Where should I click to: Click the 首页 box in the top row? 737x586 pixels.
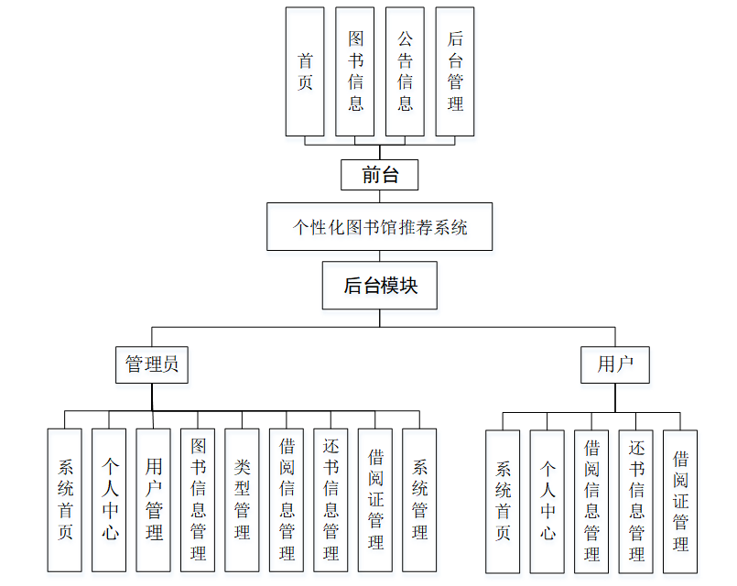tap(305, 71)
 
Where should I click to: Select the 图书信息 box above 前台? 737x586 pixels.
tap(355, 71)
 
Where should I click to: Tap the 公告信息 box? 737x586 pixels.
tap(405, 71)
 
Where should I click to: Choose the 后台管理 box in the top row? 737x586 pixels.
tap(455, 71)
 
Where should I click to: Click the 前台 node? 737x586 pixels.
tap(380, 175)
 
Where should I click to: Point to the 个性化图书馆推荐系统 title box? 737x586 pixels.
tap(380, 227)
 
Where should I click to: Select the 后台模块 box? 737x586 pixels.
tap(380, 286)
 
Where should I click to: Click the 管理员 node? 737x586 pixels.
tap(152, 364)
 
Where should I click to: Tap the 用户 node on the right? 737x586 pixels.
tap(615, 364)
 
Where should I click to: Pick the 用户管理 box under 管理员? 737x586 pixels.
tap(154, 501)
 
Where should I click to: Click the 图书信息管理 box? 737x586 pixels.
tap(198, 501)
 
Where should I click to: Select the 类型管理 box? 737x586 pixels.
tap(243, 501)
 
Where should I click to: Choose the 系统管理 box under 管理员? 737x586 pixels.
tap(419, 501)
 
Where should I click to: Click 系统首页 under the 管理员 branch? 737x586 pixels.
tap(65, 501)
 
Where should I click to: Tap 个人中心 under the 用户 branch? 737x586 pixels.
tap(547, 502)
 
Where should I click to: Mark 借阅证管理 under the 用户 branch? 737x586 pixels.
tap(680, 502)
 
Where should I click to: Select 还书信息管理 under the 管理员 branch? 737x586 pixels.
tap(331, 501)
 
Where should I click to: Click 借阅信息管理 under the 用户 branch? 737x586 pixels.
tap(591, 502)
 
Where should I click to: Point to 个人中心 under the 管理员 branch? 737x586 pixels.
tap(109, 501)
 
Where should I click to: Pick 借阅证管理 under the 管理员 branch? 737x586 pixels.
tap(375, 501)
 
